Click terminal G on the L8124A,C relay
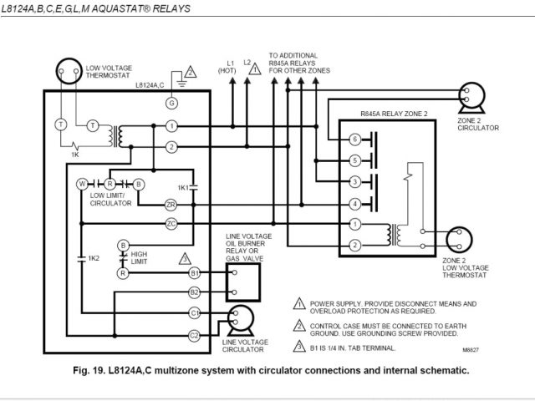[171, 103]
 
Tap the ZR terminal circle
[171, 204]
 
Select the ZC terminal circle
[171, 223]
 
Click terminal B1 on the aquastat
[194, 272]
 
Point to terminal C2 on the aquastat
[194, 335]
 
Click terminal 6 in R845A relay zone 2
[355, 139]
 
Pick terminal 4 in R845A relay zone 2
[355, 203]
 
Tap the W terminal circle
[82, 182]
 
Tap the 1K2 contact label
[94, 259]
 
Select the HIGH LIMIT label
[140, 257]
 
